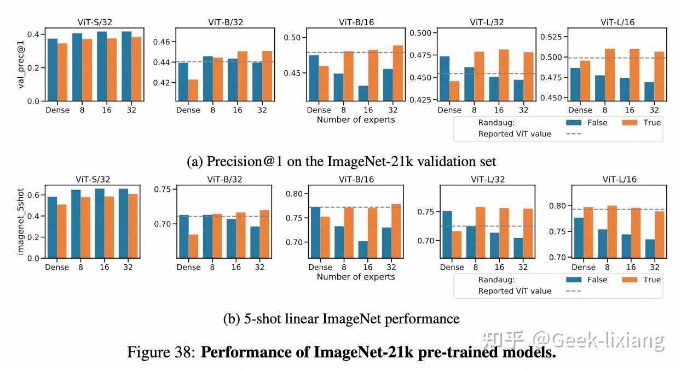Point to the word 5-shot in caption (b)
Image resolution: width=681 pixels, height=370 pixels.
(x=259, y=318)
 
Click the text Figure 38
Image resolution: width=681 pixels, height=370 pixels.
(x=160, y=351)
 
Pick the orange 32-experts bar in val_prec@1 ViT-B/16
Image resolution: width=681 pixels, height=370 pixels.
(x=398, y=73)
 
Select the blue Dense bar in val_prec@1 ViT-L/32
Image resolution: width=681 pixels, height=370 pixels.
(x=446, y=78)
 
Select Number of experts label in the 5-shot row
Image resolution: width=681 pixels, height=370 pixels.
(x=356, y=277)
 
